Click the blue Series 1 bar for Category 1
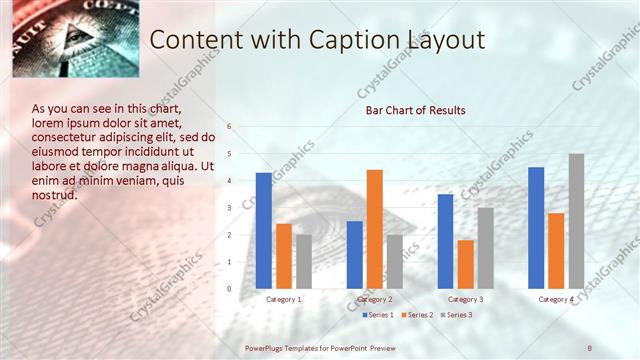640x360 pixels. (264, 230)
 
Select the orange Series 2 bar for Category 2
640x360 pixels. (375, 229)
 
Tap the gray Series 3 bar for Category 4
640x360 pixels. (576, 221)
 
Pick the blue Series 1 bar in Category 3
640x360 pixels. (446, 241)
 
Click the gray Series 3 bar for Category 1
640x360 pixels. (303, 261)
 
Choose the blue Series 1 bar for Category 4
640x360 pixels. (536, 227)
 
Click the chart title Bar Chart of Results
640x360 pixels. (415, 110)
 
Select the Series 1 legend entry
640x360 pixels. (377, 315)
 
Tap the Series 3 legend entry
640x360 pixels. (456, 315)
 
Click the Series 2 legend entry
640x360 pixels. (417, 315)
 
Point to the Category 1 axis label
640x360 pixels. (284, 299)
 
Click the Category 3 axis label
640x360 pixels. (465, 299)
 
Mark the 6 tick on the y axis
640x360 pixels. (229, 127)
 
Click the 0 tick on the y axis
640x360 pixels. (229, 289)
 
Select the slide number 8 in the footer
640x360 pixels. (590, 347)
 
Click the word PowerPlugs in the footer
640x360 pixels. (264, 347)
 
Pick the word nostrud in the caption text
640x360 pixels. (55, 195)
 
